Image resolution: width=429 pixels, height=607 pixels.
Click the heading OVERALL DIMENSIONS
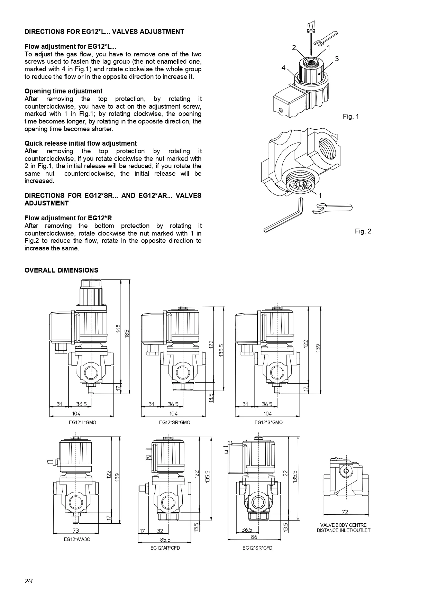[x=61, y=270]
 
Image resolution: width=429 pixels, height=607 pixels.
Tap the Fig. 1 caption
[x=351, y=116]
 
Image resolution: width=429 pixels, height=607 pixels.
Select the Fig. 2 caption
[x=363, y=231]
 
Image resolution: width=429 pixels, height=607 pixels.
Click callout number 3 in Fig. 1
[x=337, y=59]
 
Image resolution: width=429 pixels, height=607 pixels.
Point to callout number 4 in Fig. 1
[x=284, y=68]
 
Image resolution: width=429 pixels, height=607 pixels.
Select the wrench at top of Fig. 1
[x=325, y=38]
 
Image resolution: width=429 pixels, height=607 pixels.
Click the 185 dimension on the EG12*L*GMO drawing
[x=127, y=334]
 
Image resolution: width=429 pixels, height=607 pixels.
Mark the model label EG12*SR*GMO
[x=174, y=422]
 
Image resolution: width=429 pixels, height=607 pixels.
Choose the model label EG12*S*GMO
[x=268, y=422]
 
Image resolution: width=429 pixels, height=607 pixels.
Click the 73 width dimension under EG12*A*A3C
[x=76, y=530]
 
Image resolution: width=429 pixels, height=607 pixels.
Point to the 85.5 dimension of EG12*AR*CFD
[x=166, y=540]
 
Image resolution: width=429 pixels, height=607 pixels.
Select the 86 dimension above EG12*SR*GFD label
[x=254, y=537]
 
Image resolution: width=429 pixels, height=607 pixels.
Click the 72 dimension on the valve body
[x=345, y=512]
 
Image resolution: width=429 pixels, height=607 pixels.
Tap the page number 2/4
[x=29, y=581]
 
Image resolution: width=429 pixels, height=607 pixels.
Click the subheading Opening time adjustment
[x=63, y=91]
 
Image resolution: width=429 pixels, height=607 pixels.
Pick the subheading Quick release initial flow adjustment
[x=81, y=143]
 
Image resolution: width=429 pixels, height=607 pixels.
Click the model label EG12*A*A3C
[x=77, y=539]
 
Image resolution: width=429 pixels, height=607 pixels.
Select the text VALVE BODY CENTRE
[x=344, y=525]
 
